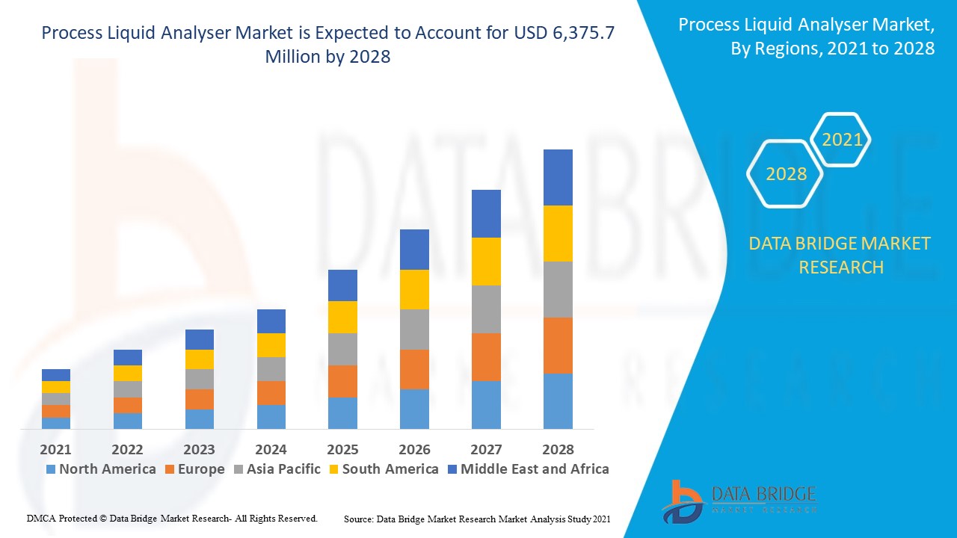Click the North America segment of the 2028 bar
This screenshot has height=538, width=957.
point(558,401)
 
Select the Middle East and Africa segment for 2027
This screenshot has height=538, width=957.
point(486,214)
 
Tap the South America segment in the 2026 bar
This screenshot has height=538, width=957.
point(414,289)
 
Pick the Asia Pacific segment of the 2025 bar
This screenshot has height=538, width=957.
point(342,349)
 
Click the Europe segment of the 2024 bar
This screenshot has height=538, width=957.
point(271,393)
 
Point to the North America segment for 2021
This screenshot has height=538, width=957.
point(56,423)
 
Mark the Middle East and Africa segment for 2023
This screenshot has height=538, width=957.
point(199,339)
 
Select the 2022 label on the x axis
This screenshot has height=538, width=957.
point(127,449)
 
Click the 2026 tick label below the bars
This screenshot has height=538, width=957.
point(414,449)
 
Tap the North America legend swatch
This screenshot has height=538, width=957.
point(51,469)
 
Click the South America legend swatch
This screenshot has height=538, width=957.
point(334,469)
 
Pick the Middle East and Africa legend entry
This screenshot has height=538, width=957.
point(535,469)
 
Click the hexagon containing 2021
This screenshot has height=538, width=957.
point(842,140)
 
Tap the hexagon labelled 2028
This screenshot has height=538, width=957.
point(786,174)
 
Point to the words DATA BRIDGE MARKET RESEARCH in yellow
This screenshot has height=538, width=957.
point(840,255)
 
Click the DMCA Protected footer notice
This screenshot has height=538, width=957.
point(172,518)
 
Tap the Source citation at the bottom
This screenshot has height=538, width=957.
point(477,518)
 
